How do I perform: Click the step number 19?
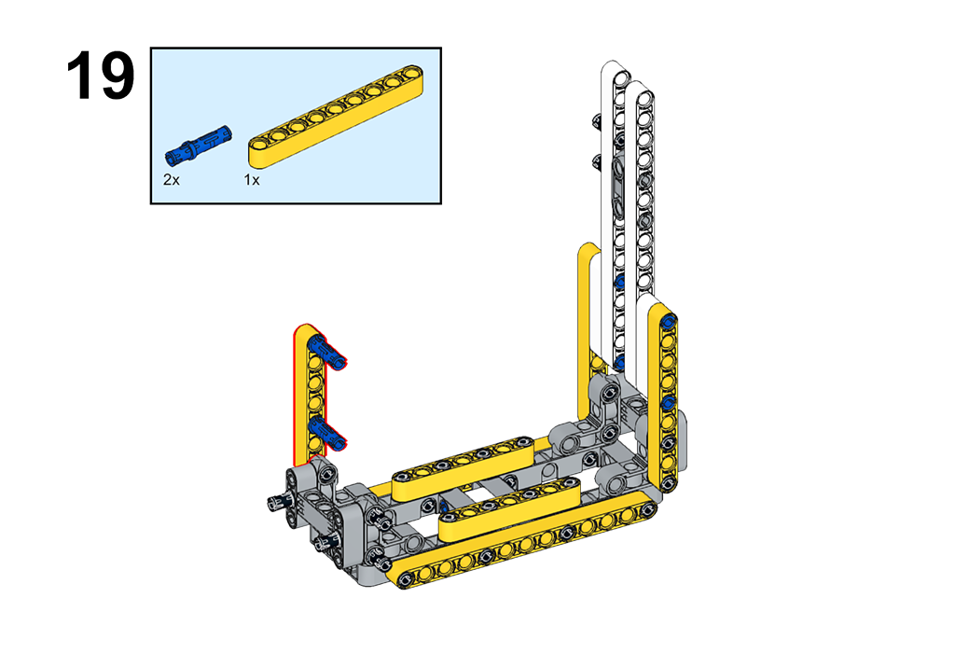[x=101, y=76]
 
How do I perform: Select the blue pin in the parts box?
[x=198, y=145]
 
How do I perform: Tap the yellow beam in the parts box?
[x=336, y=115]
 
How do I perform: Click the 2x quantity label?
[x=172, y=180]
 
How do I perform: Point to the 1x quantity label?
[x=252, y=180]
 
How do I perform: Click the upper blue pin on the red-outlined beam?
[x=327, y=352]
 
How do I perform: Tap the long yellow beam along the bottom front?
[x=524, y=539]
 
